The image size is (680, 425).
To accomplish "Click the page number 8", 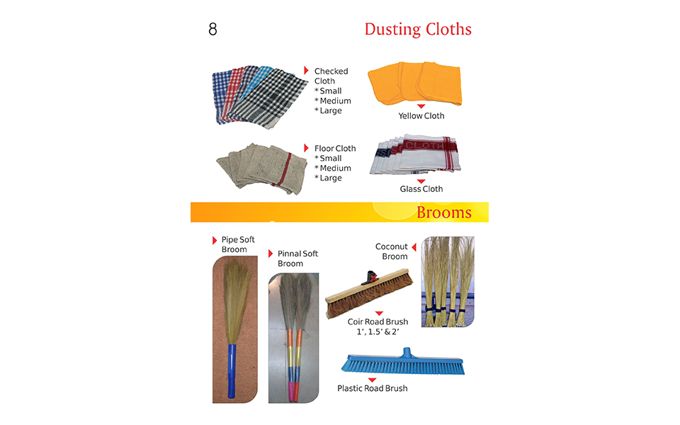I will (x=212, y=30).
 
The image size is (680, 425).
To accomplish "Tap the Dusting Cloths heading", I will (x=417, y=29).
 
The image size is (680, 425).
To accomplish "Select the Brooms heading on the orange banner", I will (x=443, y=212).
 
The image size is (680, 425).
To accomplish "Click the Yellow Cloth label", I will (x=421, y=115).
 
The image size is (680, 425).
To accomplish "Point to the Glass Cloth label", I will (x=421, y=189).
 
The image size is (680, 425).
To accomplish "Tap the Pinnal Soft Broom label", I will (x=297, y=259).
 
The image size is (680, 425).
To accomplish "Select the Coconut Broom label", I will (x=392, y=251).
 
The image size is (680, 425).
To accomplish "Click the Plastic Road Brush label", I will (x=372, y=388).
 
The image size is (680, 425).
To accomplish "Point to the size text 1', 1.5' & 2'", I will (x=378, y=331).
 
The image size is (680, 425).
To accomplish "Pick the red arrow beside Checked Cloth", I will (x=306, y=70).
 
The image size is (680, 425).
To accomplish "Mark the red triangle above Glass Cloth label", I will (x=421, y=181).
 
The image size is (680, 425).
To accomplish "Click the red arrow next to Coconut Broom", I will (x=414, y=246).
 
